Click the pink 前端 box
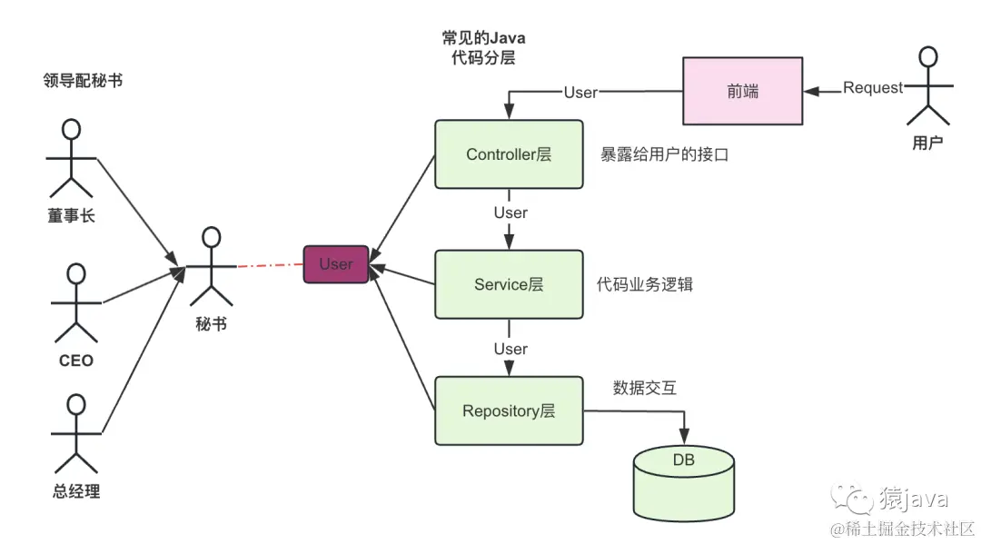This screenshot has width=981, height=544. point(742,90)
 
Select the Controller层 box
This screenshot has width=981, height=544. point(509,154)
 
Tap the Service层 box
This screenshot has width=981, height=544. point(509,284)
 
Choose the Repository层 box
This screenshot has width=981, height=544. point(509,411)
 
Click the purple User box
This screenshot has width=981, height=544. point(335,264)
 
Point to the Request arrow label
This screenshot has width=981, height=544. point(873,88)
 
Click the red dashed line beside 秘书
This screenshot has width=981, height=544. point(270,265)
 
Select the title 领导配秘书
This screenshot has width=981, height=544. point(83,81)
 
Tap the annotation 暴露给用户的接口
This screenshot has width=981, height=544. point(664,155)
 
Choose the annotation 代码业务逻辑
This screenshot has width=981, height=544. point(645,285)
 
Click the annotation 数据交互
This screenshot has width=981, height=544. point(644,388)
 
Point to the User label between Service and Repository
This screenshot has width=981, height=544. point(510,349)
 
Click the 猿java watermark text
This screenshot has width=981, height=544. point(913,499)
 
